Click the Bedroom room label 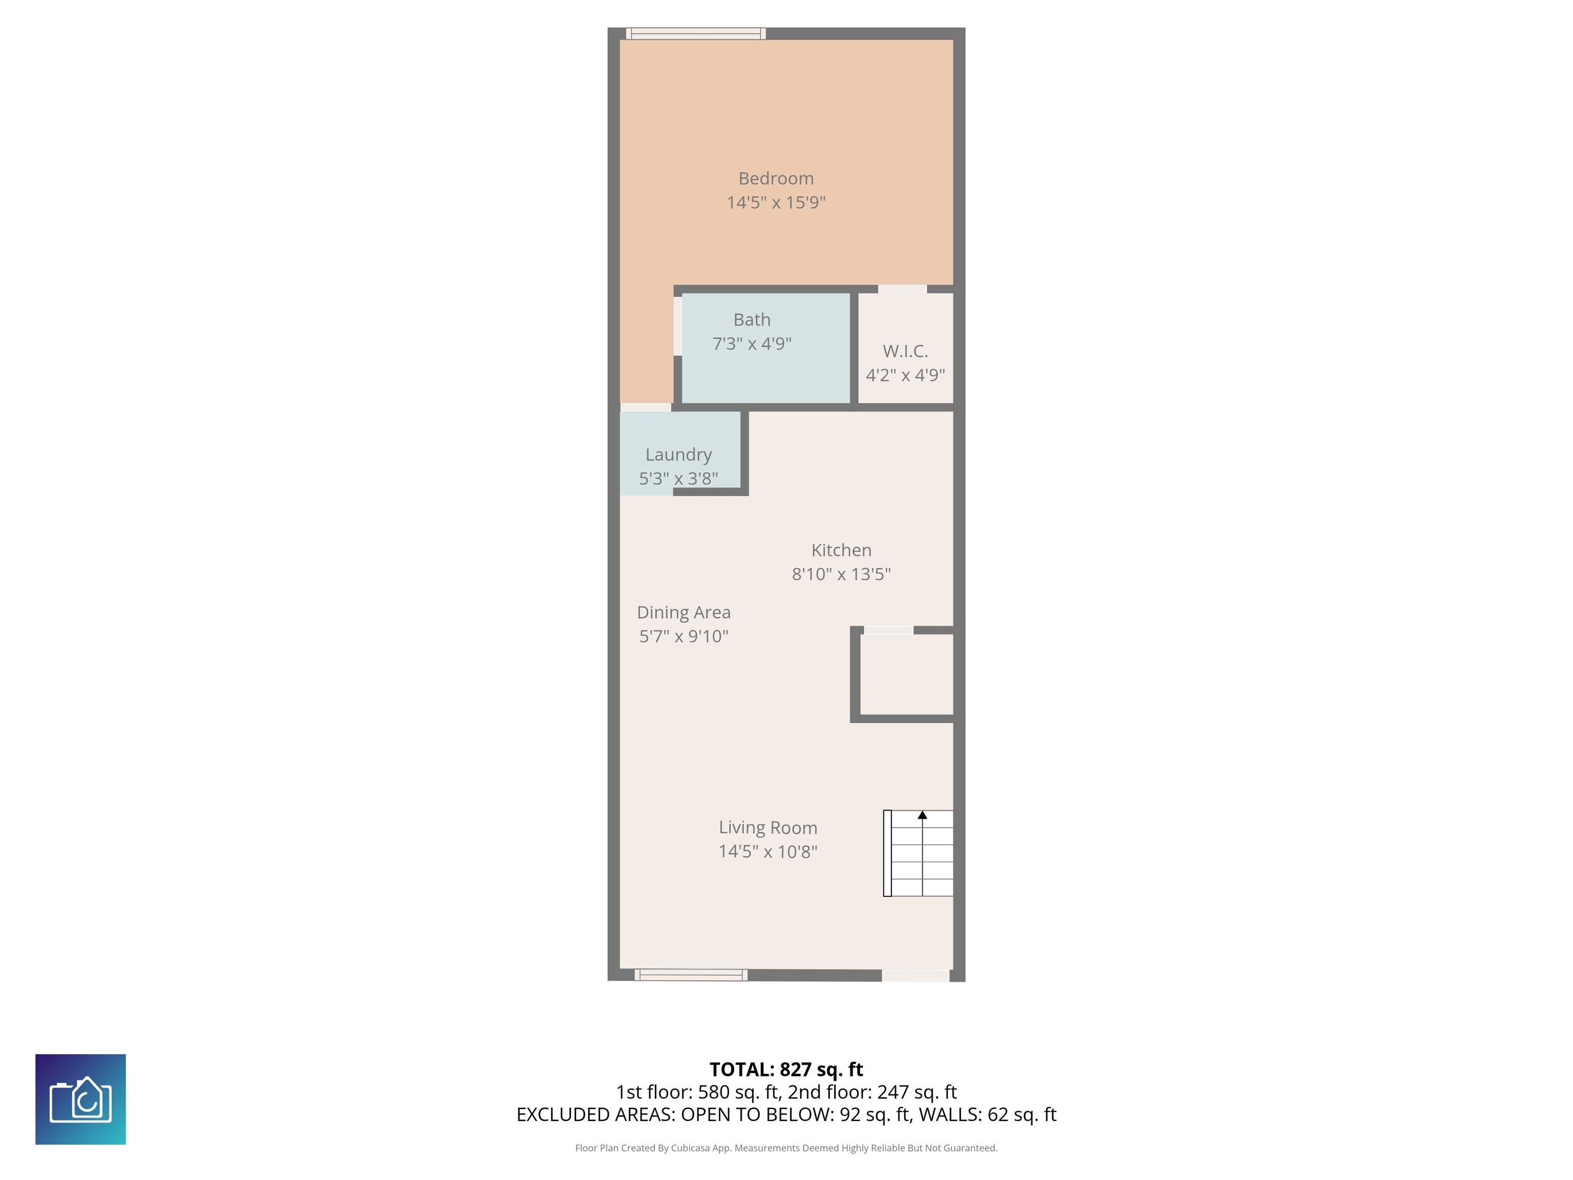pos(776,179)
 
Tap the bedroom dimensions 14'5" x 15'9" pos(776,203)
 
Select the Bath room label pos(752,320)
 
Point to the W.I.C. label pos(905,351)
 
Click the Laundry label pos(678,455)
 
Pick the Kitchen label pos(841,550)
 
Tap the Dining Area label pos(684,613)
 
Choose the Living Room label pos(768,828)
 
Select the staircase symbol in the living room pos(918,854)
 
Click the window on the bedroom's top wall pos(695,33)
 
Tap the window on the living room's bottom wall pos(691,975)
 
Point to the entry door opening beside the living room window pos(915,976)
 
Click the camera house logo pos(80,1099)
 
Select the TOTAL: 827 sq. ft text pos(786,1070)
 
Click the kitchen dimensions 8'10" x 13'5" pos(841,574)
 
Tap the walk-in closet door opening pos(902,289)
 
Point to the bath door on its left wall pos(678,325)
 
